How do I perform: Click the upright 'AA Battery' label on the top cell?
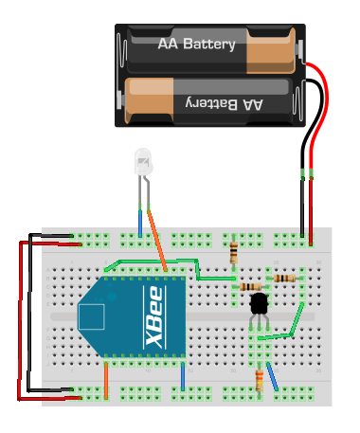click(196, 44)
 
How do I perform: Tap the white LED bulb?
click(143, 162)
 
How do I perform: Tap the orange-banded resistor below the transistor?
click(261, 380)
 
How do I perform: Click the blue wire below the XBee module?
click(183, 376)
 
